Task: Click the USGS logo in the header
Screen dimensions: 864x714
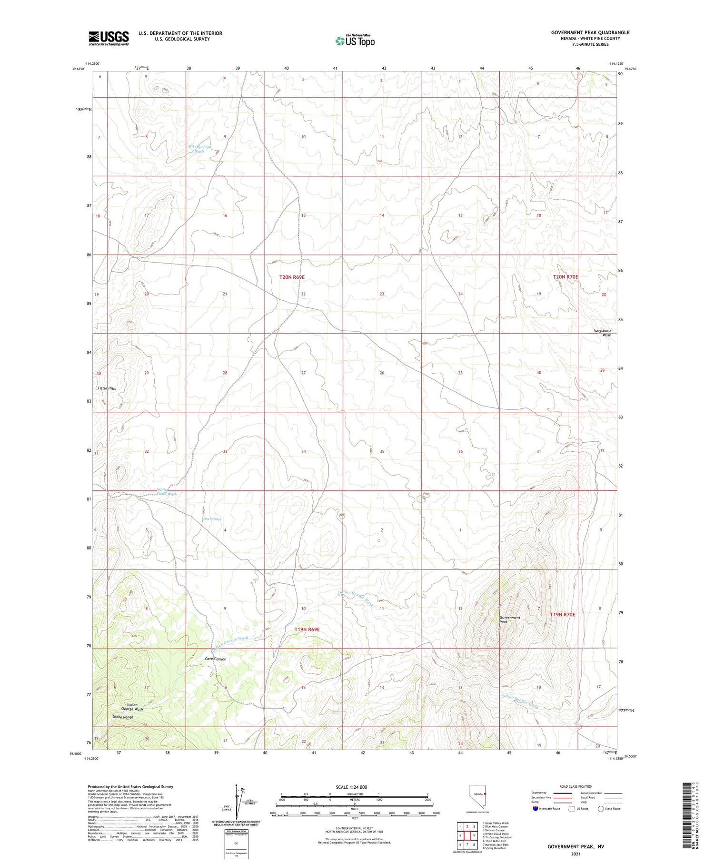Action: (x=109, y=38)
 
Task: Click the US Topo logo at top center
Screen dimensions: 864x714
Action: (x=355, y=41)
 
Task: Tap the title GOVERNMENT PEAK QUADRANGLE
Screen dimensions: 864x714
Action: (x=590, y=32)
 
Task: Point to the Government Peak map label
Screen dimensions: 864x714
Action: (x=509, y=620)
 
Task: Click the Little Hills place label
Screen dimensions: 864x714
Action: (x=107, y=388)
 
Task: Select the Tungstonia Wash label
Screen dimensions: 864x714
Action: (x=602, y=333)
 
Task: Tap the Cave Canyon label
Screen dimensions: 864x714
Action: (x=215, y=659)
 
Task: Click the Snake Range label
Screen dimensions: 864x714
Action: (x=122, y=717)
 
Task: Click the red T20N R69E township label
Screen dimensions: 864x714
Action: (x=292, y=277)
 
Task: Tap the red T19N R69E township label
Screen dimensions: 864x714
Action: (x=307, y=630)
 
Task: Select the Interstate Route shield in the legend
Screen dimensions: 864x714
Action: (x=536, y=809)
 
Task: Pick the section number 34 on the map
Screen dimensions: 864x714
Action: (x=303, y=451)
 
